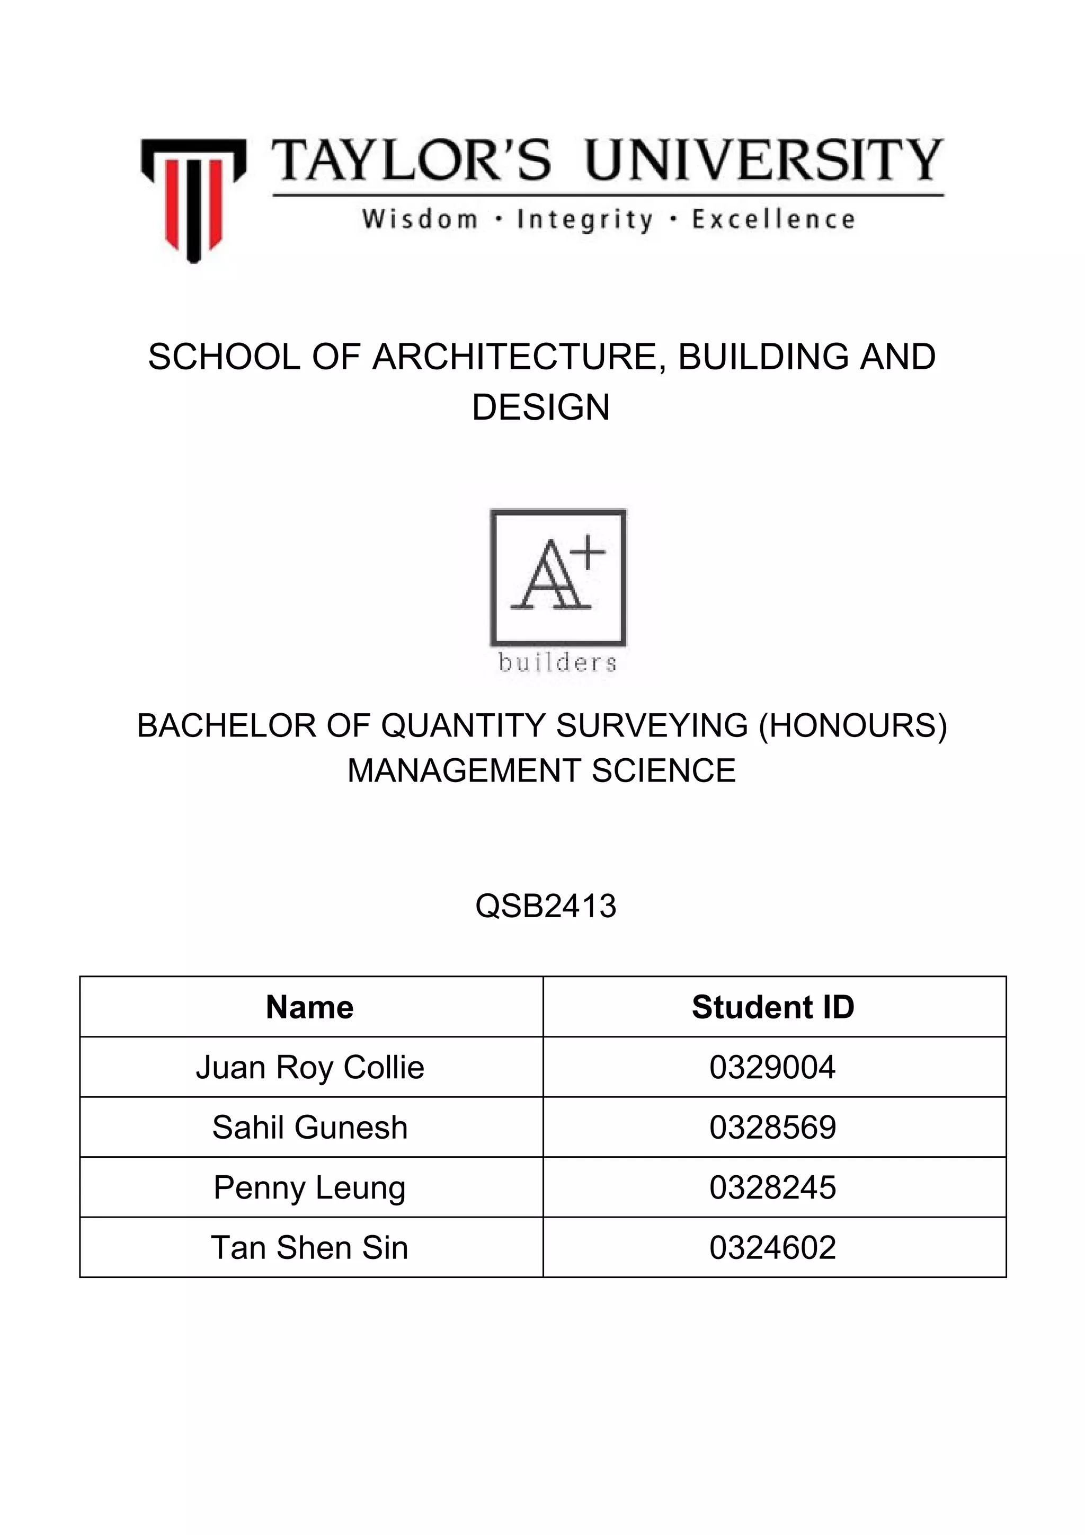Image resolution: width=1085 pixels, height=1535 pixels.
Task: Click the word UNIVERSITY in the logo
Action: (763, 161)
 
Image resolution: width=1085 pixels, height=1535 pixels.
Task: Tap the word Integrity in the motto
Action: (584, 220)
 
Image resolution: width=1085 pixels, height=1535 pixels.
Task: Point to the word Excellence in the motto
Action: (773, 219)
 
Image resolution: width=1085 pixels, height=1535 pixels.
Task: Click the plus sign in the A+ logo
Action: (588, 553)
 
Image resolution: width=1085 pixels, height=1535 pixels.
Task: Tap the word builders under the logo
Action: (557, 662)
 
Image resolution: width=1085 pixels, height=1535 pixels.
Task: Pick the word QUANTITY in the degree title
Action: (464, 726)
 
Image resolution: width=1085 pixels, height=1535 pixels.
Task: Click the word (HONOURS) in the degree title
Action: (853, 726)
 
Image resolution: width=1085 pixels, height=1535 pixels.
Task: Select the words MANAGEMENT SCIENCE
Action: (541, 771)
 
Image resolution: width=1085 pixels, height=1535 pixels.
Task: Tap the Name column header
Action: (309, 1007)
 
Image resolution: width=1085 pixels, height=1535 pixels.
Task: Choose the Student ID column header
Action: (773, 1007)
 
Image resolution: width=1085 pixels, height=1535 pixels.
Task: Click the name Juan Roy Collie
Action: (309, 1068)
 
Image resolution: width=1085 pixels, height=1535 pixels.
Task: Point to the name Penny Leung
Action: (309, 1188)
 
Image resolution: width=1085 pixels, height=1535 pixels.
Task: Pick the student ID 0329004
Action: (773, 1068)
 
